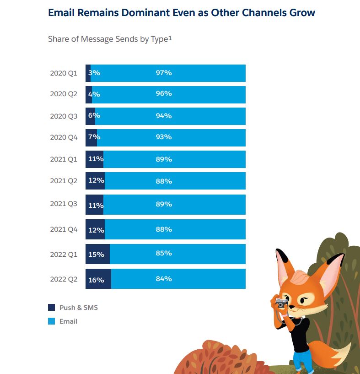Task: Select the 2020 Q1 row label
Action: [x=64, y=73]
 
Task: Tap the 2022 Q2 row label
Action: [x=64, y=279]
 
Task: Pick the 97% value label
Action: [x=163, y=73]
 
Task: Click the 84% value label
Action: [x=163, y=279]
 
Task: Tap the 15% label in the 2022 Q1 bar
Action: [x=96, y=254]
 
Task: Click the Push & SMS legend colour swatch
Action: [x=52, y=308]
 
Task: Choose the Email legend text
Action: [x=68, y=321]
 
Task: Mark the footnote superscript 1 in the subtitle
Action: [x=170, y=38]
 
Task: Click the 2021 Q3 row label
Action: [x=64, y=204]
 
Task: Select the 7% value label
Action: [x=94, y=137]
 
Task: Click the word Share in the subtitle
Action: [x=58, y=39]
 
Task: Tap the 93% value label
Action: [x=163, y=137]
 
